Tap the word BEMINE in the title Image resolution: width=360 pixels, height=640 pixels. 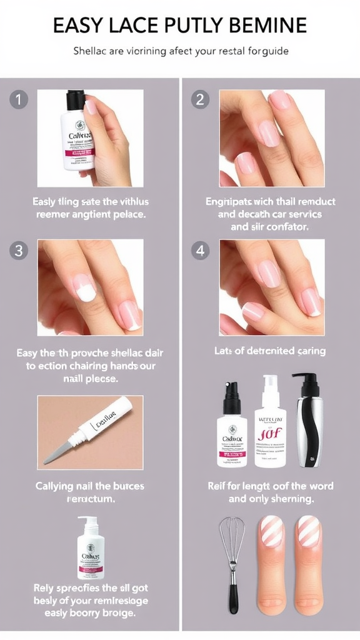click(x=269, y=25)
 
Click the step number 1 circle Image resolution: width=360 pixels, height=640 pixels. click(x=19, y=99)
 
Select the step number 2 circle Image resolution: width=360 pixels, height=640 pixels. click(x=201, y=99)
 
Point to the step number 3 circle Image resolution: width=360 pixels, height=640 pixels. click(x=19, y=251)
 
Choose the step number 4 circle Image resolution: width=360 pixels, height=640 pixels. click(x=201, y=251)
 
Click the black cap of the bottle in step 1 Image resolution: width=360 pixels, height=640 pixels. click(x=76, y=99)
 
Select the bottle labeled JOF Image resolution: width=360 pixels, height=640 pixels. click(x=270, y=425)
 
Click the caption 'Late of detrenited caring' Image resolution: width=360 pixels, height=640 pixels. click(x=269, y=351)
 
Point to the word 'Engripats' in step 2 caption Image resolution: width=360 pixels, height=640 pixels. click(x=232, y=201)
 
